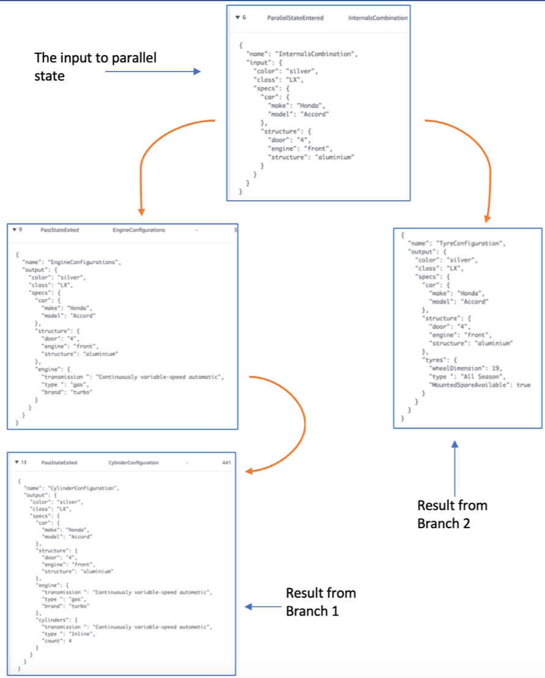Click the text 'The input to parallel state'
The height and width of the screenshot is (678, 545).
(95, 67)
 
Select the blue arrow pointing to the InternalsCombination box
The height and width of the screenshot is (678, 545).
(153, 72)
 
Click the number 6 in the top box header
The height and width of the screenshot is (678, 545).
(244, 18)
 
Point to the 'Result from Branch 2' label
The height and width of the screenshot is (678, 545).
(452, 514)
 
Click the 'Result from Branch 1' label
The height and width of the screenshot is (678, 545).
(321, 602)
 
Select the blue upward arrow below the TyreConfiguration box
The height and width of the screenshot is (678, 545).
(454, 468)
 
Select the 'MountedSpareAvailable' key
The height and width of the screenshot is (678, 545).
(465, 385)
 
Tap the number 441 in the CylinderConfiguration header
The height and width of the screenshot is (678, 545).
(226, 463)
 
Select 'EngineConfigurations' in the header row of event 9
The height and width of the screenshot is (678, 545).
(139, 230)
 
